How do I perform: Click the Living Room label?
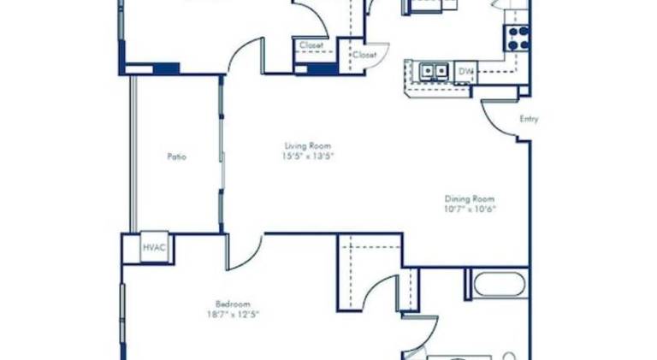308,146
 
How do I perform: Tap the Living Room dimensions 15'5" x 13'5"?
309,156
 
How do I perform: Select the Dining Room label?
470,199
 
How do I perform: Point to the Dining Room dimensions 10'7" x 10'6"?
470,209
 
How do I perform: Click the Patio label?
177,157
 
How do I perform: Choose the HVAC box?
154,247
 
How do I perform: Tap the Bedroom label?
233,304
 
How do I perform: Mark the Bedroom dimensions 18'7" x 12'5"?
233,315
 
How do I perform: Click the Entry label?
529,119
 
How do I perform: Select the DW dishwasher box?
465,72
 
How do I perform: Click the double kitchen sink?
434,71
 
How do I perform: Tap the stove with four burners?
518,38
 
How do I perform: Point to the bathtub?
500,285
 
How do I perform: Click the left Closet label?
311,45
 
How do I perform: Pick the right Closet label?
364,55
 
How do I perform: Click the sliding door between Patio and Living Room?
222,154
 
